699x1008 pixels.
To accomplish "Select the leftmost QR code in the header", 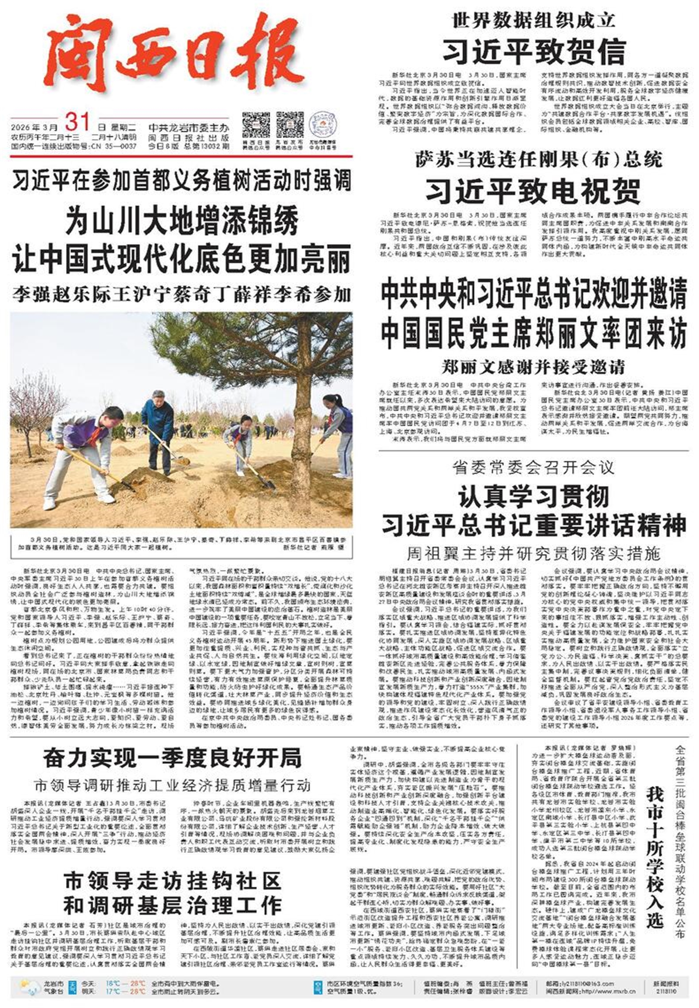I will pos(256,126).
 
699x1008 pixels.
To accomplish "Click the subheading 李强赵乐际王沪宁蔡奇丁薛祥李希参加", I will pos(181,295).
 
